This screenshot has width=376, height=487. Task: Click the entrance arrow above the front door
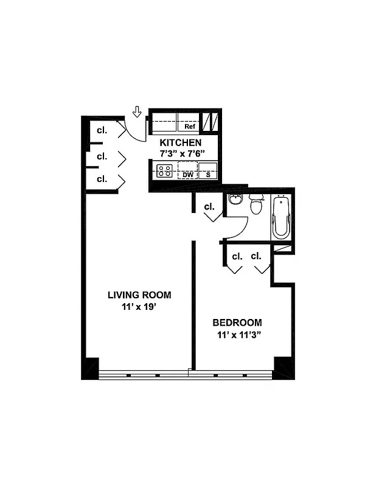tap(137, 111)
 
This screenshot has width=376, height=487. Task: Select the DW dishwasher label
tap(188, 174)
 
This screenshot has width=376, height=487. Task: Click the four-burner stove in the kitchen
tap(164, 171)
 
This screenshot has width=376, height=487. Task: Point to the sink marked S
tap(207, 173)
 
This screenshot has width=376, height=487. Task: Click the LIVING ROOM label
tap(139, 295)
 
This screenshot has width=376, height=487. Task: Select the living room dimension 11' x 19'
tap(139, 307)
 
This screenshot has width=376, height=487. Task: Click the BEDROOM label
tap(237, 323)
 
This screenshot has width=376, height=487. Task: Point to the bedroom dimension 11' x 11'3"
tap(240, 335)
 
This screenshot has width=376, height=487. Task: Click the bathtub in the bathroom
tap(281, 217)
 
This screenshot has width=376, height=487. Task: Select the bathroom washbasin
tap(235, 200)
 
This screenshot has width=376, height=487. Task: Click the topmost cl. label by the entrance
tap(102, 130)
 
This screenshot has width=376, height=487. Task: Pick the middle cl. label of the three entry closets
tap(102, 156)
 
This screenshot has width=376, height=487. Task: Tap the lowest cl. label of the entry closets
tap(102, 179)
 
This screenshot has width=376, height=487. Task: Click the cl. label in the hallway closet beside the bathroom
tap(209, 207)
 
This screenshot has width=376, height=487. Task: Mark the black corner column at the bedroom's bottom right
tap(284, 367)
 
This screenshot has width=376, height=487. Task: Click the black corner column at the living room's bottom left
tap(90, 368)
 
